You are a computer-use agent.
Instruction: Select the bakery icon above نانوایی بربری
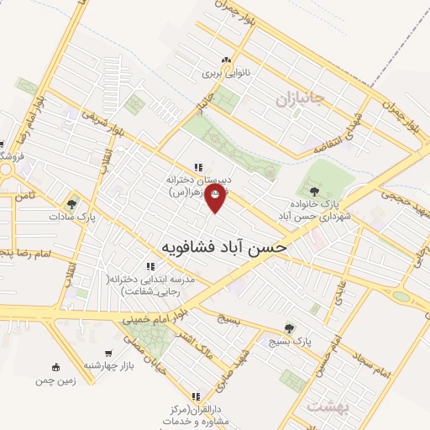point(225,60)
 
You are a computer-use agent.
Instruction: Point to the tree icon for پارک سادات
point(74,202)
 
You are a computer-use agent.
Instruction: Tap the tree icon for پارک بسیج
point(290,328)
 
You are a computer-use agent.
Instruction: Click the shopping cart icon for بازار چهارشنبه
point(109,354)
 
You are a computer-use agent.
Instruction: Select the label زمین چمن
point(55,380)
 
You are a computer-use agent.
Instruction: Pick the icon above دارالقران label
point(196,396)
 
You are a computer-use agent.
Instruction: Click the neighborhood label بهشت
point(328,407)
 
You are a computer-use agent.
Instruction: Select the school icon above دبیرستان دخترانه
point(197,166)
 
